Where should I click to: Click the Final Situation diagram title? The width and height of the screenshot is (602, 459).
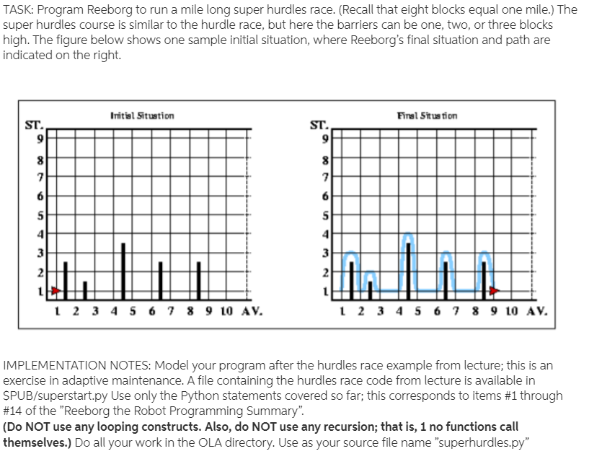pyautogui.click(x=428, y=115)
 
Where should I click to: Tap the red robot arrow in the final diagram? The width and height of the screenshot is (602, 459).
pyautogui.click(x=493, y=290)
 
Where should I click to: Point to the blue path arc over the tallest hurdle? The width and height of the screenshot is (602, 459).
pyautogui.click(x=409, y=238)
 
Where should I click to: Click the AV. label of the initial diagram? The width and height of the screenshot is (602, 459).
pyautogui.click(x=247, y=314)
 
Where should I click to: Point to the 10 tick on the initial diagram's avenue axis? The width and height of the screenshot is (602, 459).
pyautogui.click(x=225, y=314)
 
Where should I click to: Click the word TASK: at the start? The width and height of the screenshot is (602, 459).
pyautogui.click(x=19, y=9)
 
